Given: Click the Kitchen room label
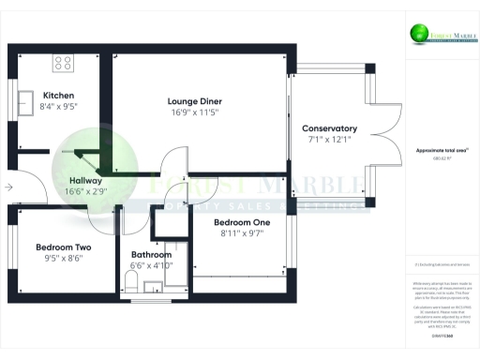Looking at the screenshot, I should (x=58, y=95).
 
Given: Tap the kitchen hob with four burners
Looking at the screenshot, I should (x=64, y=64).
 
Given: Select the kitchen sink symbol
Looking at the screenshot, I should (x=25, y=99).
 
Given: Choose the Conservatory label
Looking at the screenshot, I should (x=329, y=128).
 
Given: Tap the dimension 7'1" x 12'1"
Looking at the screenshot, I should (x=329, y=140).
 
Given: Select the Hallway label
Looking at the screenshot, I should (x=85, y=180).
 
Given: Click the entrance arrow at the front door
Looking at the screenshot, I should (x=9, y=187).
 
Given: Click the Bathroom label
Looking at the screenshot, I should (x=151, y=254).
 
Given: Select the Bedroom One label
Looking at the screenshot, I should (x=238, y=222).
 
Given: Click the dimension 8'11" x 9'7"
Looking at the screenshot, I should (x=238, y=233).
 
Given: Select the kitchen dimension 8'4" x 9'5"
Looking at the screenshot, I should (x=58, y=106).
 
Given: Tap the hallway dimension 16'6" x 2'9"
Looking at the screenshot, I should (x=85, y=191).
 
